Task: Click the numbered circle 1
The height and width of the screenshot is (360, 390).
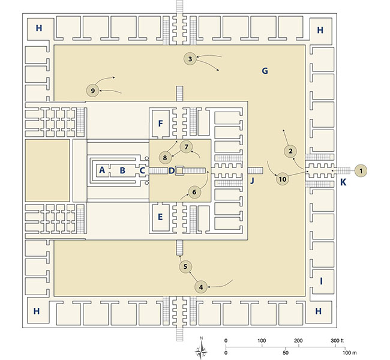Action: pos(361,171)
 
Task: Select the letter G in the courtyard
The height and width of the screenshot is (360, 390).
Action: pos(264,71)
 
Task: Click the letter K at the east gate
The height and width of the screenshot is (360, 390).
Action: pos(343,182)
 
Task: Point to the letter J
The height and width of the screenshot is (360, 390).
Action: pos(253,181)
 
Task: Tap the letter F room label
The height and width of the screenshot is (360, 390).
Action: pos(160,124)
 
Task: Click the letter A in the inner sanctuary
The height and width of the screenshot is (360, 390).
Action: pos(102,170)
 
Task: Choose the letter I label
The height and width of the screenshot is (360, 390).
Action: pos(321,280)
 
